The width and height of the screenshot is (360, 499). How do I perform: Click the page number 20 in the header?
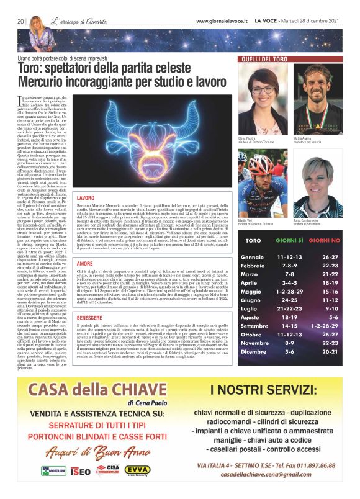click(20, 20)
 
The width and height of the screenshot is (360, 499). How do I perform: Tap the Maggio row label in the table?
click(252, 274)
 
